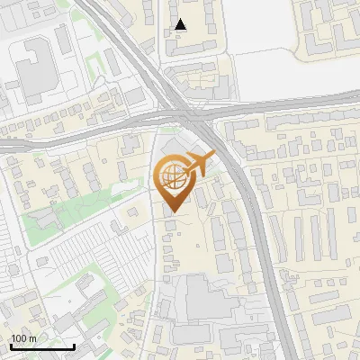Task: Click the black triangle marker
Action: tap(181, 24)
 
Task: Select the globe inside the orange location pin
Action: tap(173, 176)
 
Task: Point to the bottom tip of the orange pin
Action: tap(173, 212)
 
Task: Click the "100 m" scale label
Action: tap(23, 338)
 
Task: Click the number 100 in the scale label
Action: tap(19, 338)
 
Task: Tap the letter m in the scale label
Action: tap(32, 338)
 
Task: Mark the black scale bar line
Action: tap(42, 346)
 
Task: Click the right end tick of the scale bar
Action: tap(74, 345)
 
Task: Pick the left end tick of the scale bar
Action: tap(11, 345)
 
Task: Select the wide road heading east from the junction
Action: tap(297, 105)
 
